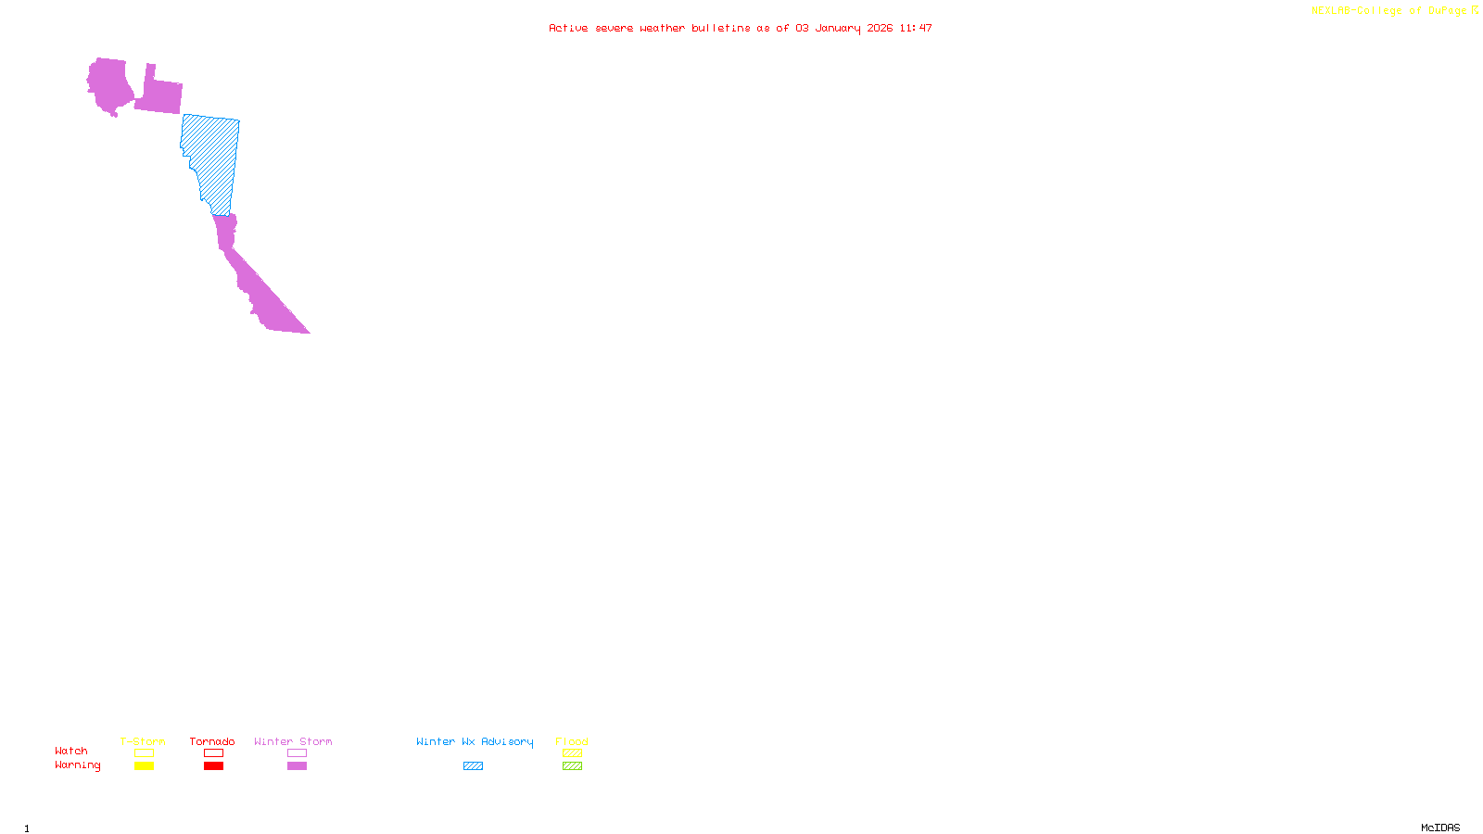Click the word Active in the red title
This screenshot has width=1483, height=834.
[x=567, y=28]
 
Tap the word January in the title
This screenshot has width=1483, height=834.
[x=838, y=28]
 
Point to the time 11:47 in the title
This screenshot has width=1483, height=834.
[x=915, y=28]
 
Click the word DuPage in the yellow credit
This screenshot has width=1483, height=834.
[x=1447, y=11]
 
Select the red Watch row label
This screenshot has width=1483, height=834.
[x=71, y=752]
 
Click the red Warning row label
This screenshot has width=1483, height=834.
[x=78, y=765]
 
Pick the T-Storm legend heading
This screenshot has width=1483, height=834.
[x=143, y=741]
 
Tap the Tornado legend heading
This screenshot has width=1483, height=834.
[x=212, y=741]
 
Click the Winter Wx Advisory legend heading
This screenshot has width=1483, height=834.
[x=475, y=741]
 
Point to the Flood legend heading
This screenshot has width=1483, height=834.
[x=572, y=741]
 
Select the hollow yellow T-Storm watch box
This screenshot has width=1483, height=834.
[x=144, y=753]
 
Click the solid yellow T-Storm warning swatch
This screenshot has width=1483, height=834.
[x=144, y=766]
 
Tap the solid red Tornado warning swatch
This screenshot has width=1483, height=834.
[x=213, y=766]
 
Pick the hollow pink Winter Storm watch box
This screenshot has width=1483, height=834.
[x=297, y=753]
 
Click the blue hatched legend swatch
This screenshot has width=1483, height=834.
[x=473, y=766]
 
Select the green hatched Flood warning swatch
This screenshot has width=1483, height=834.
[x=572, y=766]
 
